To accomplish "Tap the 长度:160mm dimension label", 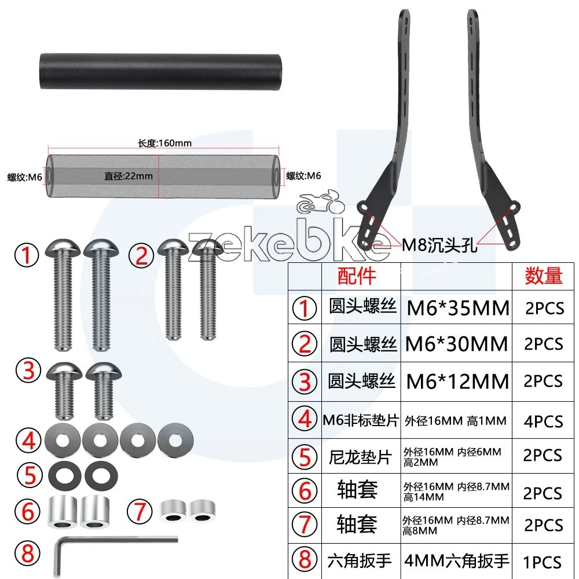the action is coord(164,143).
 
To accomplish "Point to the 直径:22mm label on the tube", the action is coord(128,176).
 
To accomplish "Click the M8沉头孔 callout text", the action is coord(440,245).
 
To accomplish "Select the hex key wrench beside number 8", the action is coord(115,554).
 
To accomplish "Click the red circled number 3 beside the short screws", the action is coord(28,371).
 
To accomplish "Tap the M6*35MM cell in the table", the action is coord(458,308).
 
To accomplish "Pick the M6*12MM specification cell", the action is coord(457,382).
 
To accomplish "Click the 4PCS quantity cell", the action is coord(543,422).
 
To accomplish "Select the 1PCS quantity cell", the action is coord(543,562).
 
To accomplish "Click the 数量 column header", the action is coord(544,276).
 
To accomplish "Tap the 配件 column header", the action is coord(357,276).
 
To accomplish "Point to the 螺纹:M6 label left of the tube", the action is coord(25,177).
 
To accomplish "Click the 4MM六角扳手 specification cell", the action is coord(457,561).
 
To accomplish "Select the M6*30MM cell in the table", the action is coord(457,344).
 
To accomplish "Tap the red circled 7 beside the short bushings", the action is coord(140,512).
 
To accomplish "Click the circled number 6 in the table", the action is coord(305,491).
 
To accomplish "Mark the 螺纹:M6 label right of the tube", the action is coord(303,176).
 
